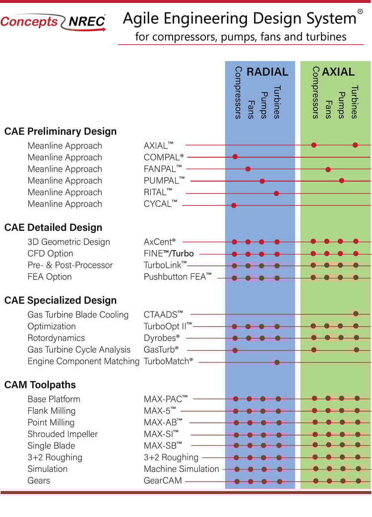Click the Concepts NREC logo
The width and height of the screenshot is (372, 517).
(x=53, y=22)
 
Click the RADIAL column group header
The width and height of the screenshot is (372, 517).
(x=267, y=72)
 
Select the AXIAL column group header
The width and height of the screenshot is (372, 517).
(x=338, y=72)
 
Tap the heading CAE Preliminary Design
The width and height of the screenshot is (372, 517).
(x=61, y=131)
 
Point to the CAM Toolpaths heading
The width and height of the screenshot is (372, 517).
(x=40, y=385)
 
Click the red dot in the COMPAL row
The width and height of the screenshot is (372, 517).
(x=235, y=157)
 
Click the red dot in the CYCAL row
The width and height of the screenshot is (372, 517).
(x=234, y=205)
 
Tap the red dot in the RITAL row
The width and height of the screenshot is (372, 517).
(x=276, y=193)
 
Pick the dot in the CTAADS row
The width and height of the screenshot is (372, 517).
(x=356, y=314)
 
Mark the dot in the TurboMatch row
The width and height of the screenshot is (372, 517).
(x=277, y=362)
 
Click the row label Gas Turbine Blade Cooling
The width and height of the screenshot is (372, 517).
(x=78, y=315)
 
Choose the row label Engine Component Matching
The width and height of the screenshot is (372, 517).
(x=83, y=361)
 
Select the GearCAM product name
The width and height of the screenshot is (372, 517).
(x=163, y=481)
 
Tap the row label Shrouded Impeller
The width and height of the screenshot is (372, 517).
(x=62, y=434)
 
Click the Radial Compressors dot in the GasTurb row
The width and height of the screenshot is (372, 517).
(x=235, y=350)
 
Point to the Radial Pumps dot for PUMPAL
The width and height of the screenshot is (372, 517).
(x=262, y=181)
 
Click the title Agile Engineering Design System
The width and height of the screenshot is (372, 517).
(x=239, y=19)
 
